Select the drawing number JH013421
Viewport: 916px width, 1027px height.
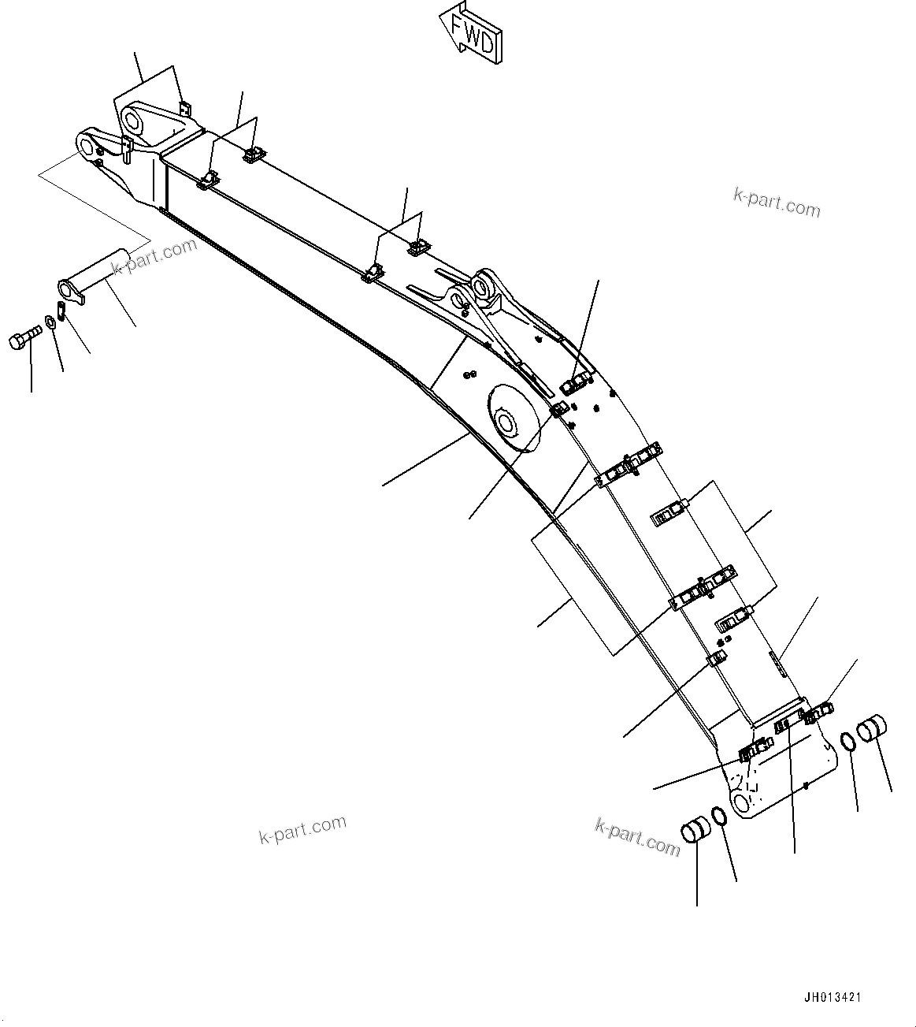[832, 997]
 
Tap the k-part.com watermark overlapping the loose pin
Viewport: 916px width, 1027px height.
[154, 257]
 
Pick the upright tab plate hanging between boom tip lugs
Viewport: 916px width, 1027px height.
[126, 148]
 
